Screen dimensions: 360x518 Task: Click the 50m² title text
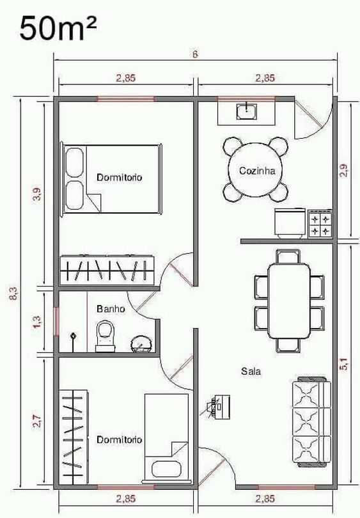(58, 29)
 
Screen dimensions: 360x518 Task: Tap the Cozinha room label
(257, 171)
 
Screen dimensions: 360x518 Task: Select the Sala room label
(251, 372)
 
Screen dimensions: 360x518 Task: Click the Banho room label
(111, 309)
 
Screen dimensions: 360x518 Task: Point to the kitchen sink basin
(246, 111)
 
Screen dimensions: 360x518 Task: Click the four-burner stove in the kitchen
(320, 224)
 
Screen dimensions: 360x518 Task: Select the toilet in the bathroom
(106, 337)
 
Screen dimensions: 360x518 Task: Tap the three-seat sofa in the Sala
(311, 421)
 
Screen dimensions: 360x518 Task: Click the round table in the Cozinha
(256, 170)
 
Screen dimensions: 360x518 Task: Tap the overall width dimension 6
(195, 54)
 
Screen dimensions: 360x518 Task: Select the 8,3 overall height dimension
(15, 293)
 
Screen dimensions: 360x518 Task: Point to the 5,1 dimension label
(344, 364)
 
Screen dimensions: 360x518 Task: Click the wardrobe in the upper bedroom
(107, 270)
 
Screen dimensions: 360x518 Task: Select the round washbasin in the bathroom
(141, 344)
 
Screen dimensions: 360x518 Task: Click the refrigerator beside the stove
(290, 223)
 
